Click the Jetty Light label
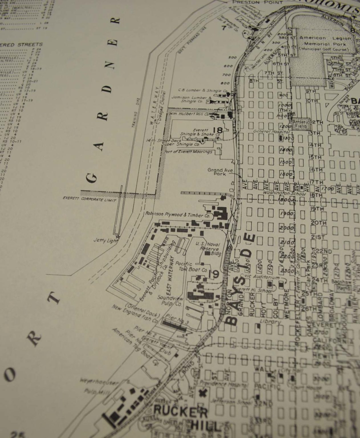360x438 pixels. (x=104, y=240)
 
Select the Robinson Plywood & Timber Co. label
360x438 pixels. (x=178, y=214)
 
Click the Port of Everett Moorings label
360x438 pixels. (x=188, y=152)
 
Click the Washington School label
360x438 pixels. (x=284, y=193)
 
